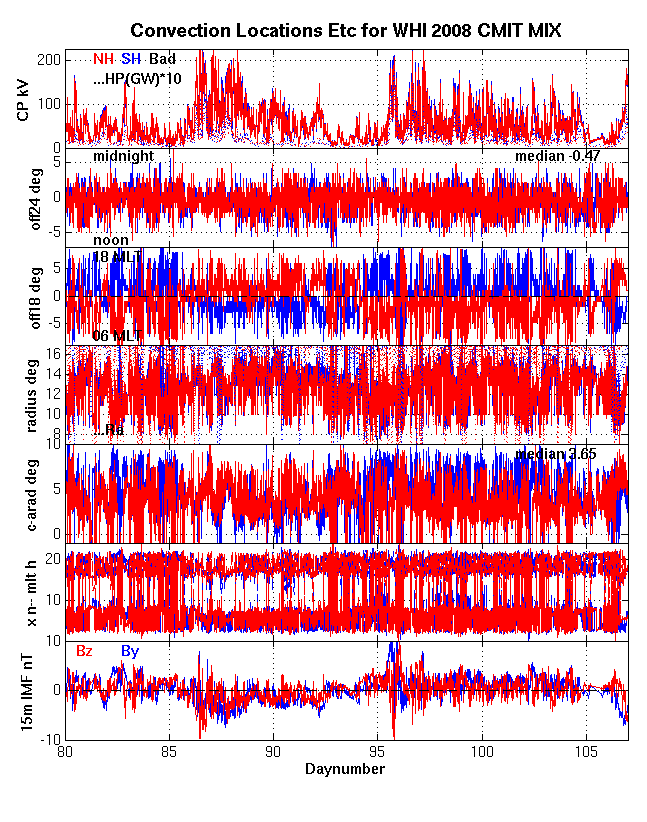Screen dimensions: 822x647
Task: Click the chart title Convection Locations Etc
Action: [345, 32]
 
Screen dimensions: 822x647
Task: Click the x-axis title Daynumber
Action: [345, 769]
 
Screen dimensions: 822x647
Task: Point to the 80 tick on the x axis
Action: [66, 751]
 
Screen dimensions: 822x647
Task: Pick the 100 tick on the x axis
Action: [483, 751]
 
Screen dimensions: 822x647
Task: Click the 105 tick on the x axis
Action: [588, 751]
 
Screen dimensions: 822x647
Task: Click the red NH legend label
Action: [103, 59]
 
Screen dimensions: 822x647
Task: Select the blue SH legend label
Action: [131, 59]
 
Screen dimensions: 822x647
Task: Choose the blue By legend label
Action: [130, 651]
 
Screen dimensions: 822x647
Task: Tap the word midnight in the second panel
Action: [123, 157]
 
